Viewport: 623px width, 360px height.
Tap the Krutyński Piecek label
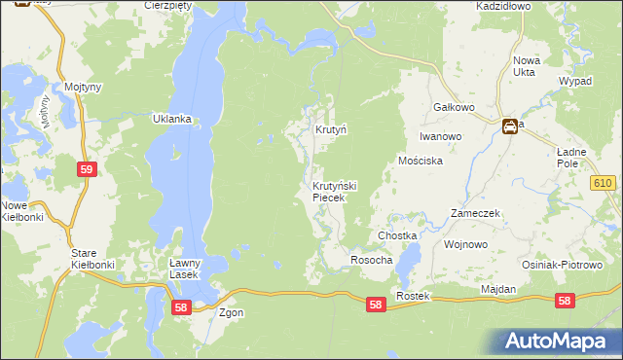334,192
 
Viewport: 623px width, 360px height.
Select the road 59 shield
87,169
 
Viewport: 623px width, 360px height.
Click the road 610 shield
603,182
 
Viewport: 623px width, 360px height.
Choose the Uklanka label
170,120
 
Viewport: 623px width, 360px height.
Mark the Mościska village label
421,161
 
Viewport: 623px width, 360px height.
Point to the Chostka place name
397,236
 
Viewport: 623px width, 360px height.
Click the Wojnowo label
464,244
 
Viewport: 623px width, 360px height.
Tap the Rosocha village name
371,260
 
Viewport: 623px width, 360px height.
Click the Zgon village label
231,313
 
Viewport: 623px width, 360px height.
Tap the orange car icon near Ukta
509,126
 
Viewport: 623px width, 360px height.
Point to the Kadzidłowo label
502,6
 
